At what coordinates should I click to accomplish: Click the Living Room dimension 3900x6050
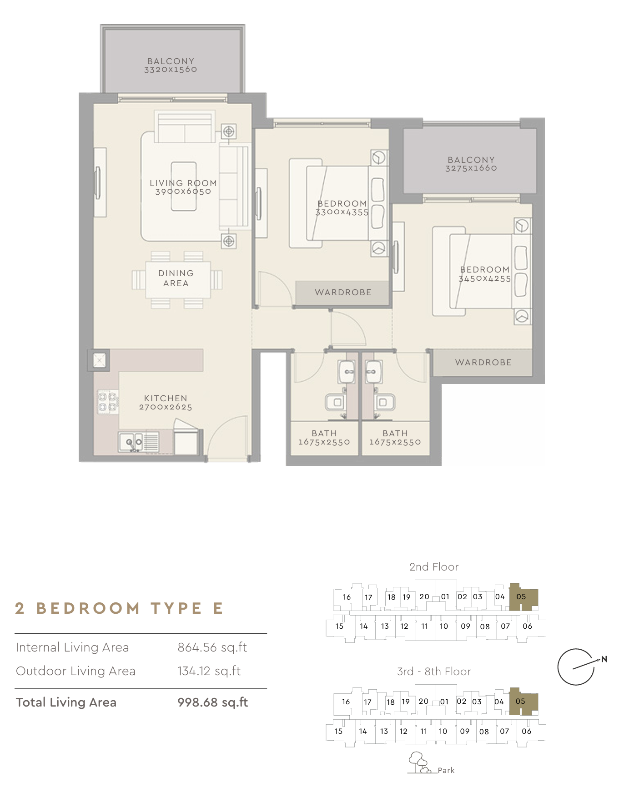coord(183,192)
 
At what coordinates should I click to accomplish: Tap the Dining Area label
coord(176,278)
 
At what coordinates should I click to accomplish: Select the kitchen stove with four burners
coord(108,402)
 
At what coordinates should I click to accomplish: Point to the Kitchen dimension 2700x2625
coord(166,407)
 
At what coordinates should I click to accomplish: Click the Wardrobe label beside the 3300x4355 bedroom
coord(343,293)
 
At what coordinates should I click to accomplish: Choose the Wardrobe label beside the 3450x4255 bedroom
coord(483,363)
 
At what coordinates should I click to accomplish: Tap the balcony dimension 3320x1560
coord(171,70)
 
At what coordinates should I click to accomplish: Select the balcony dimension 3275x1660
coord(471,168)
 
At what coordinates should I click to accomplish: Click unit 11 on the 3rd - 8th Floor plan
coord(423,731)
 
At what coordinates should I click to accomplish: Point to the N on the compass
coord(604,659)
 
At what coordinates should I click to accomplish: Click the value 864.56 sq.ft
coord(212,647)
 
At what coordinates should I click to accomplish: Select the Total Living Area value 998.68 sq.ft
coord(212,702)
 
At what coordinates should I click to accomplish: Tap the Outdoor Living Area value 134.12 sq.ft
coord(209,671)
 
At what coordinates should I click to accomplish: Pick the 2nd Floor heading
coord(433,567)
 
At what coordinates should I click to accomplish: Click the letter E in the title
coord(218,608)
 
